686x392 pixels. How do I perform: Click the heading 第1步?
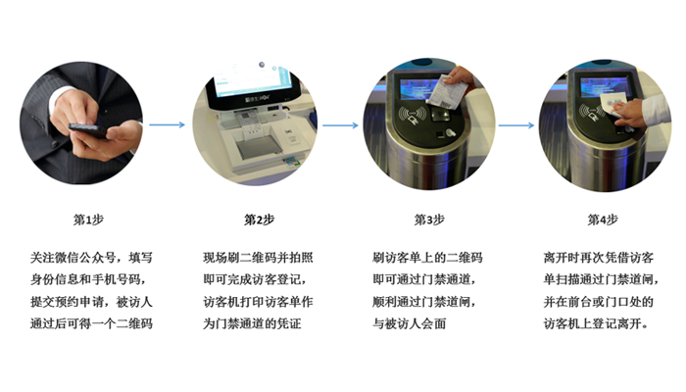(x=88, y=220)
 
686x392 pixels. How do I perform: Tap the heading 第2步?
(x=259, y=220)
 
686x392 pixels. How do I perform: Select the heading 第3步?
(x=429, y=220)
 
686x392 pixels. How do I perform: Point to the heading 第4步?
(x=603, y=220)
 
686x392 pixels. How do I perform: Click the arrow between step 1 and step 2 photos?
(x=168, y=125)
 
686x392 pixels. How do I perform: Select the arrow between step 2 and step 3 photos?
(x=340, y=125)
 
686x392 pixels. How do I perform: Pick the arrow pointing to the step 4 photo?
(x=516, y=125)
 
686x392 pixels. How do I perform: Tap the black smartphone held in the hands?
(x=88, y=131)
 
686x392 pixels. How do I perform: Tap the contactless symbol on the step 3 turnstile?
(x=412, y=115)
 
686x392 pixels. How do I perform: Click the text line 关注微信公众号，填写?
(x=91, y=258)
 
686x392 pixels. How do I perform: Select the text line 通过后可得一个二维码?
(x=91, y=323)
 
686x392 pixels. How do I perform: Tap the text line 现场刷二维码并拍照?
(x=258, y=258)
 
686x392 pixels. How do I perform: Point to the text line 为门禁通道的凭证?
(x=252, y=323)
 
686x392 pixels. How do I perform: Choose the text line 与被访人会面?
(x=410, y=323)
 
